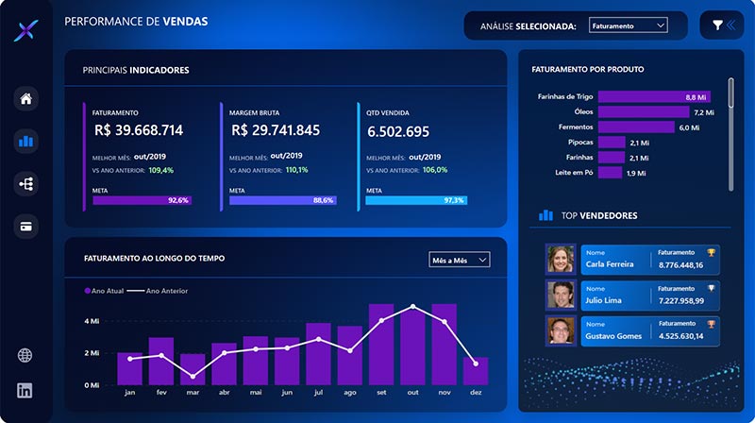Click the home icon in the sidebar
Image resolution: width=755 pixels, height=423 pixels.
tap(25, 99)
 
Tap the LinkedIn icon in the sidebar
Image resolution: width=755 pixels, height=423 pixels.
tap(25, 390)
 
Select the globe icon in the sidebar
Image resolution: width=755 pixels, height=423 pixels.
tap(25, 356)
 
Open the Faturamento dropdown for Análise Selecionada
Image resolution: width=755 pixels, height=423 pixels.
tap(628, 26)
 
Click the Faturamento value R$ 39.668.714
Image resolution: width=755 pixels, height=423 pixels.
tap(139, 130)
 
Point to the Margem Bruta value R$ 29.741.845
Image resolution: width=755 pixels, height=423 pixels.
tap(276, 130)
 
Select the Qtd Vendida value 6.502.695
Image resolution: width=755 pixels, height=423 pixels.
tap(398, 131)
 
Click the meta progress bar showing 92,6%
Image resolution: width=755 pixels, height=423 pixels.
tap(142, 200)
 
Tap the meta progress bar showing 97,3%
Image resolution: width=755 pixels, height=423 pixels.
tap(416, 200)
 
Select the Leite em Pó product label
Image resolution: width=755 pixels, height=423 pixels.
tap(568, 173)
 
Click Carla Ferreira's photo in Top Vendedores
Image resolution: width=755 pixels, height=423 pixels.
tap(561, 260)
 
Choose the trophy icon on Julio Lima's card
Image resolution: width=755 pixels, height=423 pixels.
tap(711, 288)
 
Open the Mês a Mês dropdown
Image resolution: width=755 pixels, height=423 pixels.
tap(460, 259)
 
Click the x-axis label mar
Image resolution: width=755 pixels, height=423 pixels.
tap(192, 394)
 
